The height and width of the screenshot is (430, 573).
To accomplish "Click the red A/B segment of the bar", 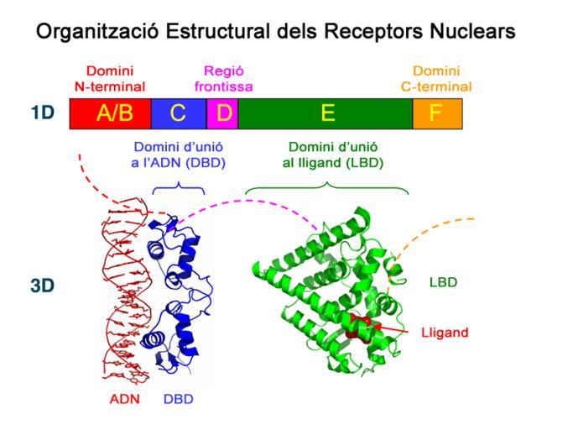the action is point(111,113).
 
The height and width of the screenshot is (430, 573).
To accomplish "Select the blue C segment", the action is point(179,113).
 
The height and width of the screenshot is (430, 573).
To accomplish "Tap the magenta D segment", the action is point(222,113).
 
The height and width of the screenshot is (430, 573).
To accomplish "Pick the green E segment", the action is point(326,113).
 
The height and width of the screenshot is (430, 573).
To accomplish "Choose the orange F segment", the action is point(438,113).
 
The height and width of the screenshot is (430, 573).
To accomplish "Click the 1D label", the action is point(43,113).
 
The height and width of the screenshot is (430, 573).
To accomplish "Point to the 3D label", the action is point(43,286).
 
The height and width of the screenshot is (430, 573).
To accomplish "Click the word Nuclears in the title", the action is point(472,31).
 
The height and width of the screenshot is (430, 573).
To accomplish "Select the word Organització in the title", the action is point(97,31).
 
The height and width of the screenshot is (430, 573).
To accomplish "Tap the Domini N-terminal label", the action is point(110,79).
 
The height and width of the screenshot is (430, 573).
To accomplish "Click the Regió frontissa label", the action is point(223,79).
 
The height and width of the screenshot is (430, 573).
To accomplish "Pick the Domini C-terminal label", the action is point(436,79).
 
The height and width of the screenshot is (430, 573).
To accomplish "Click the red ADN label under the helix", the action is point(125,399).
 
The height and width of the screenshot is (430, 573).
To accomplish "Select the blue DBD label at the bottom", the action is point(179,399).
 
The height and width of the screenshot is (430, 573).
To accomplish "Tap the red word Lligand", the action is point(445,333).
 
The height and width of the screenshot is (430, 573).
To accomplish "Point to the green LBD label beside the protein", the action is point(443,282).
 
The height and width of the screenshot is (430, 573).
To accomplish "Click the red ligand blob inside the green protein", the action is point(359,327).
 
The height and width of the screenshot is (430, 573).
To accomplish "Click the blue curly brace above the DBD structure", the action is point(179,188).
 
